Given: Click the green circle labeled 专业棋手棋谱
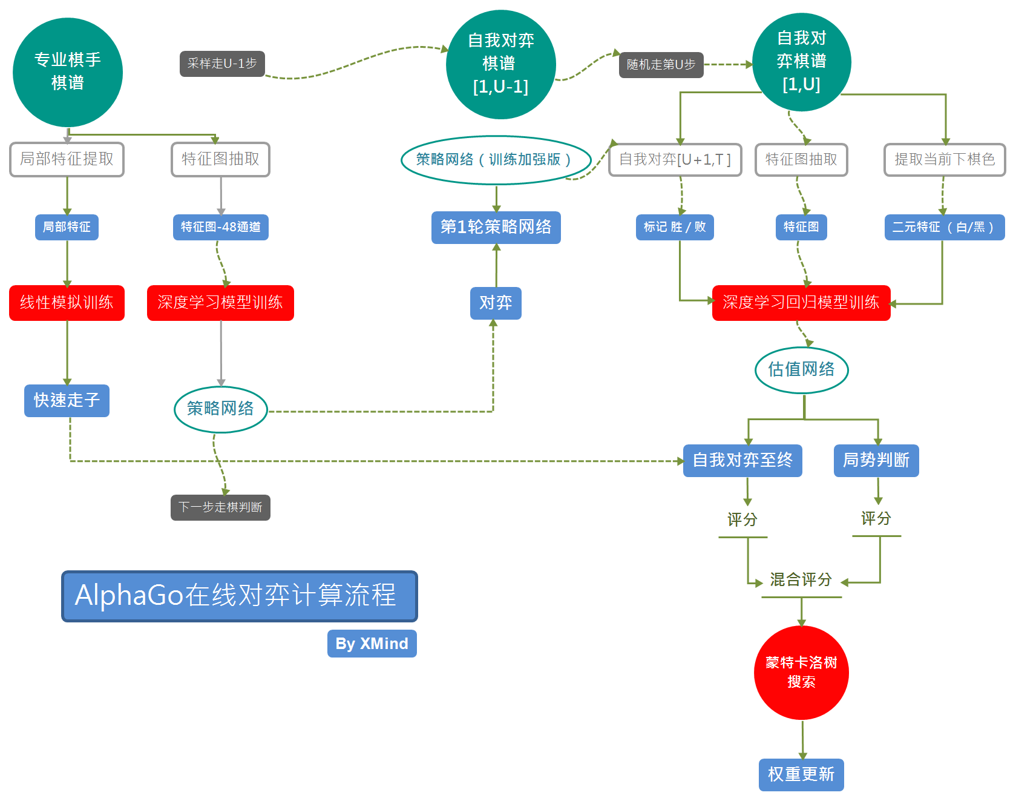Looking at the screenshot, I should pyautogui.click(x=67, y=72).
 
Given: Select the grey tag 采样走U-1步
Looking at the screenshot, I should pyautogui.click(x=222, y=64).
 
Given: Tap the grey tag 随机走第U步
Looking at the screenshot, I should pyautogui.click(x=661, y=65).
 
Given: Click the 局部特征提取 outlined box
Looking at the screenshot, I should pyautogui.click(x=67, y=159).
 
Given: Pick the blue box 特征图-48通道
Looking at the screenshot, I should pyautogui.click(x=220, y=227).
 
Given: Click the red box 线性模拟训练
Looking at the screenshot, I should pyautogui.click(x=67, y=303).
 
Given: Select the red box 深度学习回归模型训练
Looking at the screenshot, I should pyautogui.click(x=801, y=303).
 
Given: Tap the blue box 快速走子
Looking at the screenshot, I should pyautogui.click(x=67, y=400).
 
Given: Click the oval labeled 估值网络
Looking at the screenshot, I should pyautogui.click(x=801, y=369).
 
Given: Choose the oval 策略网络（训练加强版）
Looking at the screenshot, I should pyautogui.click(x=495, y=160).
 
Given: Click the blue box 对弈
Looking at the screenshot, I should pyautogui.click(x=496, y=303).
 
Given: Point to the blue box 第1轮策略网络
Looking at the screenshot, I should pyautogui.click(x=496, y=227).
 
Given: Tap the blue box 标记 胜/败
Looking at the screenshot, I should pyautogui.click(x=674, y=227).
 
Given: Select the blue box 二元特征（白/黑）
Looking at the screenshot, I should pyautogui.click(x=943, y=227).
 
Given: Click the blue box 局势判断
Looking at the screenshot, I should pyautogui.click(x=876, y=461).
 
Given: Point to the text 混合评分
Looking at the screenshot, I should pyautogui.click(x=801, y=580).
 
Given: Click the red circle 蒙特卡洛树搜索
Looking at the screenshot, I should pyautogui.click(x=801, y=673).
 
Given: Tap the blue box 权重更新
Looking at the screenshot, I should pyautogui.click(x=801, y=774).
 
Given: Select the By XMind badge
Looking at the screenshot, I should pyautogui.click(x=372, y=644).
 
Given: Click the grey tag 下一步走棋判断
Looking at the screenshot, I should pyautogui.click(x=220, y=507).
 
